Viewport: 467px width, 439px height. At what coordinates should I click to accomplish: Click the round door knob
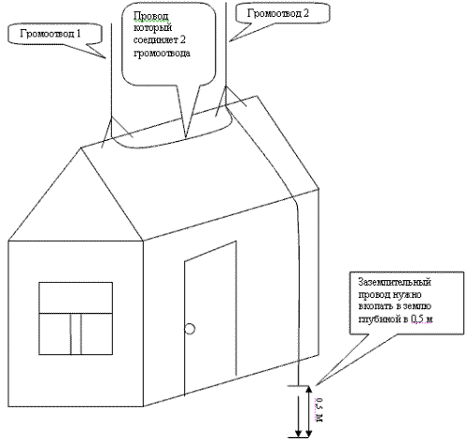pos(190,329)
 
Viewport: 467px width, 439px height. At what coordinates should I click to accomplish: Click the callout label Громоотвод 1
pos(50,34)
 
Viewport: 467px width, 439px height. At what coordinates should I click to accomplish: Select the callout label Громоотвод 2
pos(278,13)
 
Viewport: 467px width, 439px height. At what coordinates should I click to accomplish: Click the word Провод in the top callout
pos(151,16)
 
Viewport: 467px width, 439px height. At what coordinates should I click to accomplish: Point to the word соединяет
pos(155,40)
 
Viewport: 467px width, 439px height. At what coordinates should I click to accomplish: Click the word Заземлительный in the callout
pos(395,282)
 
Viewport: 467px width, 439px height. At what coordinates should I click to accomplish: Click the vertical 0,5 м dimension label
pos(319,410)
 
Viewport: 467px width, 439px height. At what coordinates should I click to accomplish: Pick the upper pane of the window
pos(76,298)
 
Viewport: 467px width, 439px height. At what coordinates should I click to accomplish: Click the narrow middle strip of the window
pos(77,333)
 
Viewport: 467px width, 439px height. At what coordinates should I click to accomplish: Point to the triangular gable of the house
pos(76,194)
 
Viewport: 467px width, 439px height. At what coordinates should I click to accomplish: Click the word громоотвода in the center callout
pos(162,53)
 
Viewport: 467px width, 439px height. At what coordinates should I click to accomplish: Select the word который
pos(153,28)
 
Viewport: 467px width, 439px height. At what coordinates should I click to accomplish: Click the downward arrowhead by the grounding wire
pos(299,432)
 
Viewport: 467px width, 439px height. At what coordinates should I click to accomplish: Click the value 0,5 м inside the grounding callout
pos(422,319)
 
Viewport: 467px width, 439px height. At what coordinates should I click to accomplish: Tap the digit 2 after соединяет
pos(183,40)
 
